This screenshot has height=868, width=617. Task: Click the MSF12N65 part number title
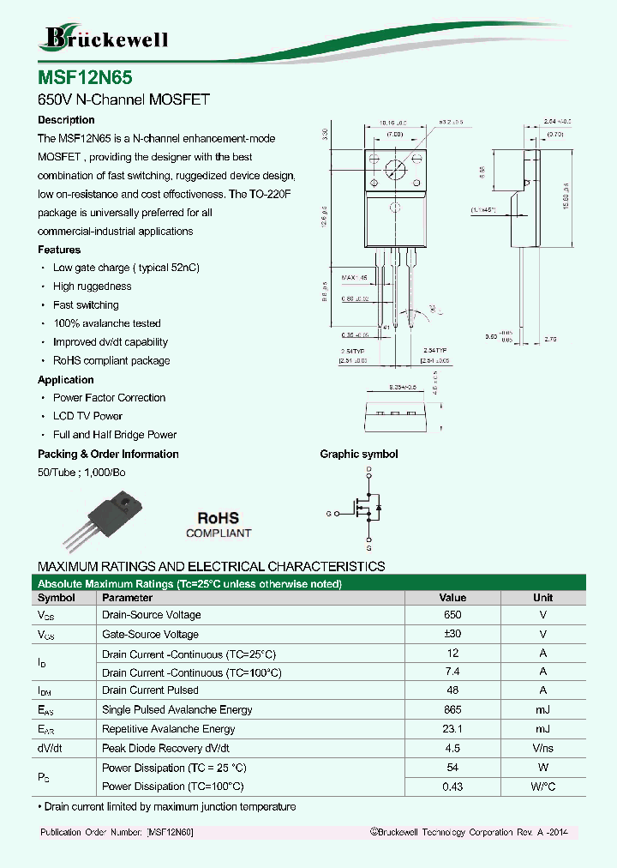(x=85, y=77)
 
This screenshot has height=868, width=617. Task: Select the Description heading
(x=66, y=120)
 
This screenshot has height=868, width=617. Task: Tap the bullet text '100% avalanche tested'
(x=106, y=323)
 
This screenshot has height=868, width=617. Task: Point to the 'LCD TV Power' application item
(x=87, y=416)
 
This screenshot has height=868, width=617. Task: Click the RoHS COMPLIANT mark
(x=219, y=525)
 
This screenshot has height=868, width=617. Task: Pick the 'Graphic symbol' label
(x=359, y=455)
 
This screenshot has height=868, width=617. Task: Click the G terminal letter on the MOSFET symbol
(x=328, y=513)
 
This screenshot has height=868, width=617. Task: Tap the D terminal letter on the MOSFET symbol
(x=368, y=471)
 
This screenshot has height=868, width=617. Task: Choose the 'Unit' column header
(x=542, y=598)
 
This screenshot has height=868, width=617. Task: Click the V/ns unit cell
(x=542, y=748)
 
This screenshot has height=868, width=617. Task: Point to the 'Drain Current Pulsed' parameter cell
(x=150, y=690)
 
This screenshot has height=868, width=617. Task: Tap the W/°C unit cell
(x=542, y=787)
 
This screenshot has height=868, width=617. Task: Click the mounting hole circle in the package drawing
(x=394, y=168)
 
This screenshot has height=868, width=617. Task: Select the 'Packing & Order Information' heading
(x=108, y=454)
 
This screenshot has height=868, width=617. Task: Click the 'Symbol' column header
(x=57, y=598)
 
